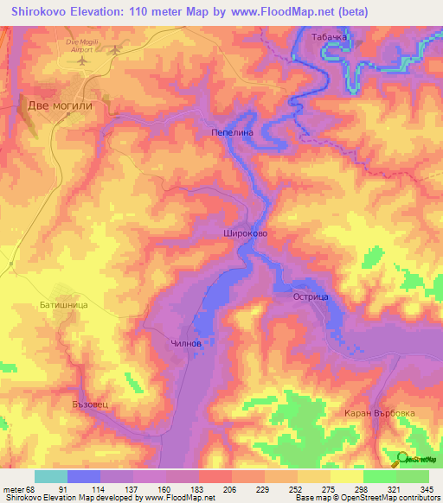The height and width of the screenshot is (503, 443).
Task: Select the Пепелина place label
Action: [x=232, y=133]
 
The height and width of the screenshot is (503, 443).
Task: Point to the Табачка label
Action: [x=329, y=37]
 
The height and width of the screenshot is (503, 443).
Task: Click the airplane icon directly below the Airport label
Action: [x=83, y=60]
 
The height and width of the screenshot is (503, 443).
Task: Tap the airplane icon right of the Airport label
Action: [x=116, y=48]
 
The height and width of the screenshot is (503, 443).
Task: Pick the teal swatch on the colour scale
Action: [x=51, y=476]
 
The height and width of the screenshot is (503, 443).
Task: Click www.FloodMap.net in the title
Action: [x=286, y=12]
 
